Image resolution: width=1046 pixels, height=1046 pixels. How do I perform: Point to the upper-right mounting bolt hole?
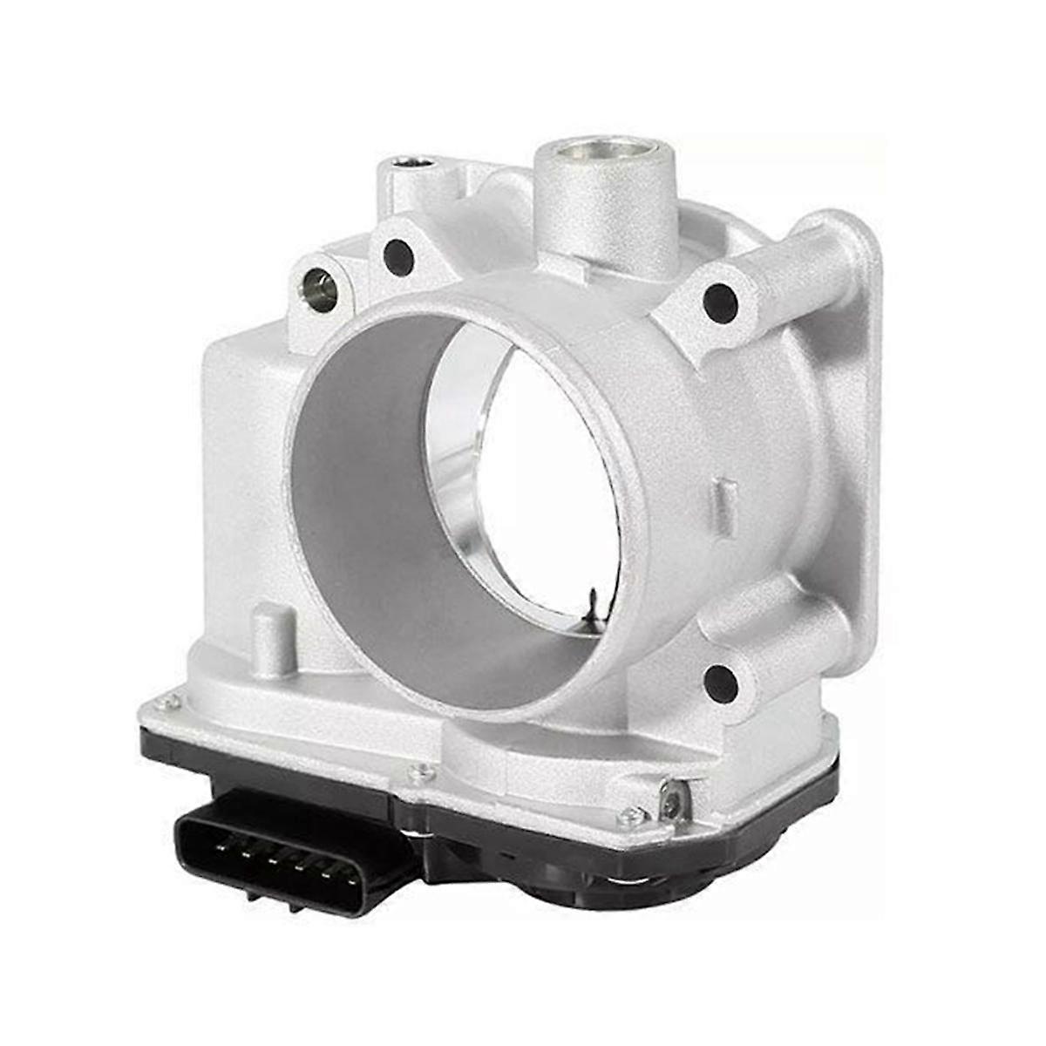point(720,302)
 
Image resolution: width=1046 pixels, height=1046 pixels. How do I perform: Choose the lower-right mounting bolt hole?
point(720,683)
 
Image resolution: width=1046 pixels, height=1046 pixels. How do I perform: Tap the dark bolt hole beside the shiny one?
point(397,255)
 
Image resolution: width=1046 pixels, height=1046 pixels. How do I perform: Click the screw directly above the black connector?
point(424,772)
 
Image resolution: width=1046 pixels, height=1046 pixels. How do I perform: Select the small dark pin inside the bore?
point(593,601)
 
